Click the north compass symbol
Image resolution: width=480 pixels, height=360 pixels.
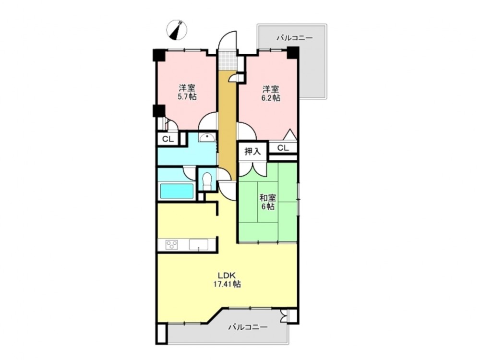click(177, 30)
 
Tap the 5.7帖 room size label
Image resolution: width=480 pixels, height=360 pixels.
click(187, 97)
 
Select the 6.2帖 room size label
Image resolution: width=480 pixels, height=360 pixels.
click(271, 98)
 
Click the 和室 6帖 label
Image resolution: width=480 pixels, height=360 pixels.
click(268, 202)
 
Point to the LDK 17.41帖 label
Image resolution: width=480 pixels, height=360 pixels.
click(227, 279)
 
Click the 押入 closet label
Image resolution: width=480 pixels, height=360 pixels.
click(252, 151)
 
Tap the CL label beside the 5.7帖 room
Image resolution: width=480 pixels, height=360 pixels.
click(168, 139)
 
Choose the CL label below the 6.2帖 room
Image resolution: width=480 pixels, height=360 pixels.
click(283, 148)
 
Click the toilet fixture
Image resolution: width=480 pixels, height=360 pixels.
click(207, 181)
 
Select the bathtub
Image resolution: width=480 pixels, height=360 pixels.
click(177, 192)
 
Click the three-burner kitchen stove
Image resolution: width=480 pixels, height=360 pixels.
click(171, 245)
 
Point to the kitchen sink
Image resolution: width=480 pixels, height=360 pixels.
click(198, 245)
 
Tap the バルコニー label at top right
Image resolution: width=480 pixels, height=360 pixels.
click(295, 38)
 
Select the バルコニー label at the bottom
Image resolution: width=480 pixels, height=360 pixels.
click(248, 327)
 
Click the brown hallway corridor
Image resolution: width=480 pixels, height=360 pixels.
click(227, 125)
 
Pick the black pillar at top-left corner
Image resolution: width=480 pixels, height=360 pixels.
click(159, 55)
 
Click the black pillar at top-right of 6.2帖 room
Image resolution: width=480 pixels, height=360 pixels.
click(293, 53)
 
